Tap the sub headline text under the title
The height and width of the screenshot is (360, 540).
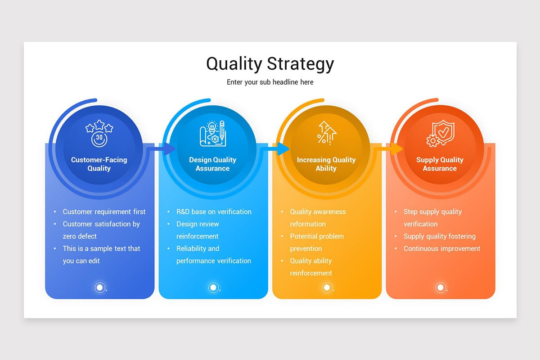270,82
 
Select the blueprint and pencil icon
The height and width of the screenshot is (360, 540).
212,133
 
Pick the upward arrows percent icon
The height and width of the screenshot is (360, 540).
326,132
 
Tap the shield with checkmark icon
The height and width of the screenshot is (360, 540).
440,133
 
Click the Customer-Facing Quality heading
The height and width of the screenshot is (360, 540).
99,164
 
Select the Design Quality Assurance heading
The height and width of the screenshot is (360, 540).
212,164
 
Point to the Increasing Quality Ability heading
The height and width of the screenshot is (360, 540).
326,164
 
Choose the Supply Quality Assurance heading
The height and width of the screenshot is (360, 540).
440,164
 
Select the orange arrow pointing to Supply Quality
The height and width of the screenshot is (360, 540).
395,148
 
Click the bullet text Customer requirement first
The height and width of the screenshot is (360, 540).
104,211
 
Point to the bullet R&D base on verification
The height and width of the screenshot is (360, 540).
214,211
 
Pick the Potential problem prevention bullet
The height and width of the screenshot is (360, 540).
317,242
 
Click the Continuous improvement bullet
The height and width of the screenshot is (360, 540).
442,248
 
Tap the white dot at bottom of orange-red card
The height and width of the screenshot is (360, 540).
441,287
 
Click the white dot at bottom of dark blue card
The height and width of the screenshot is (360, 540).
100,287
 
